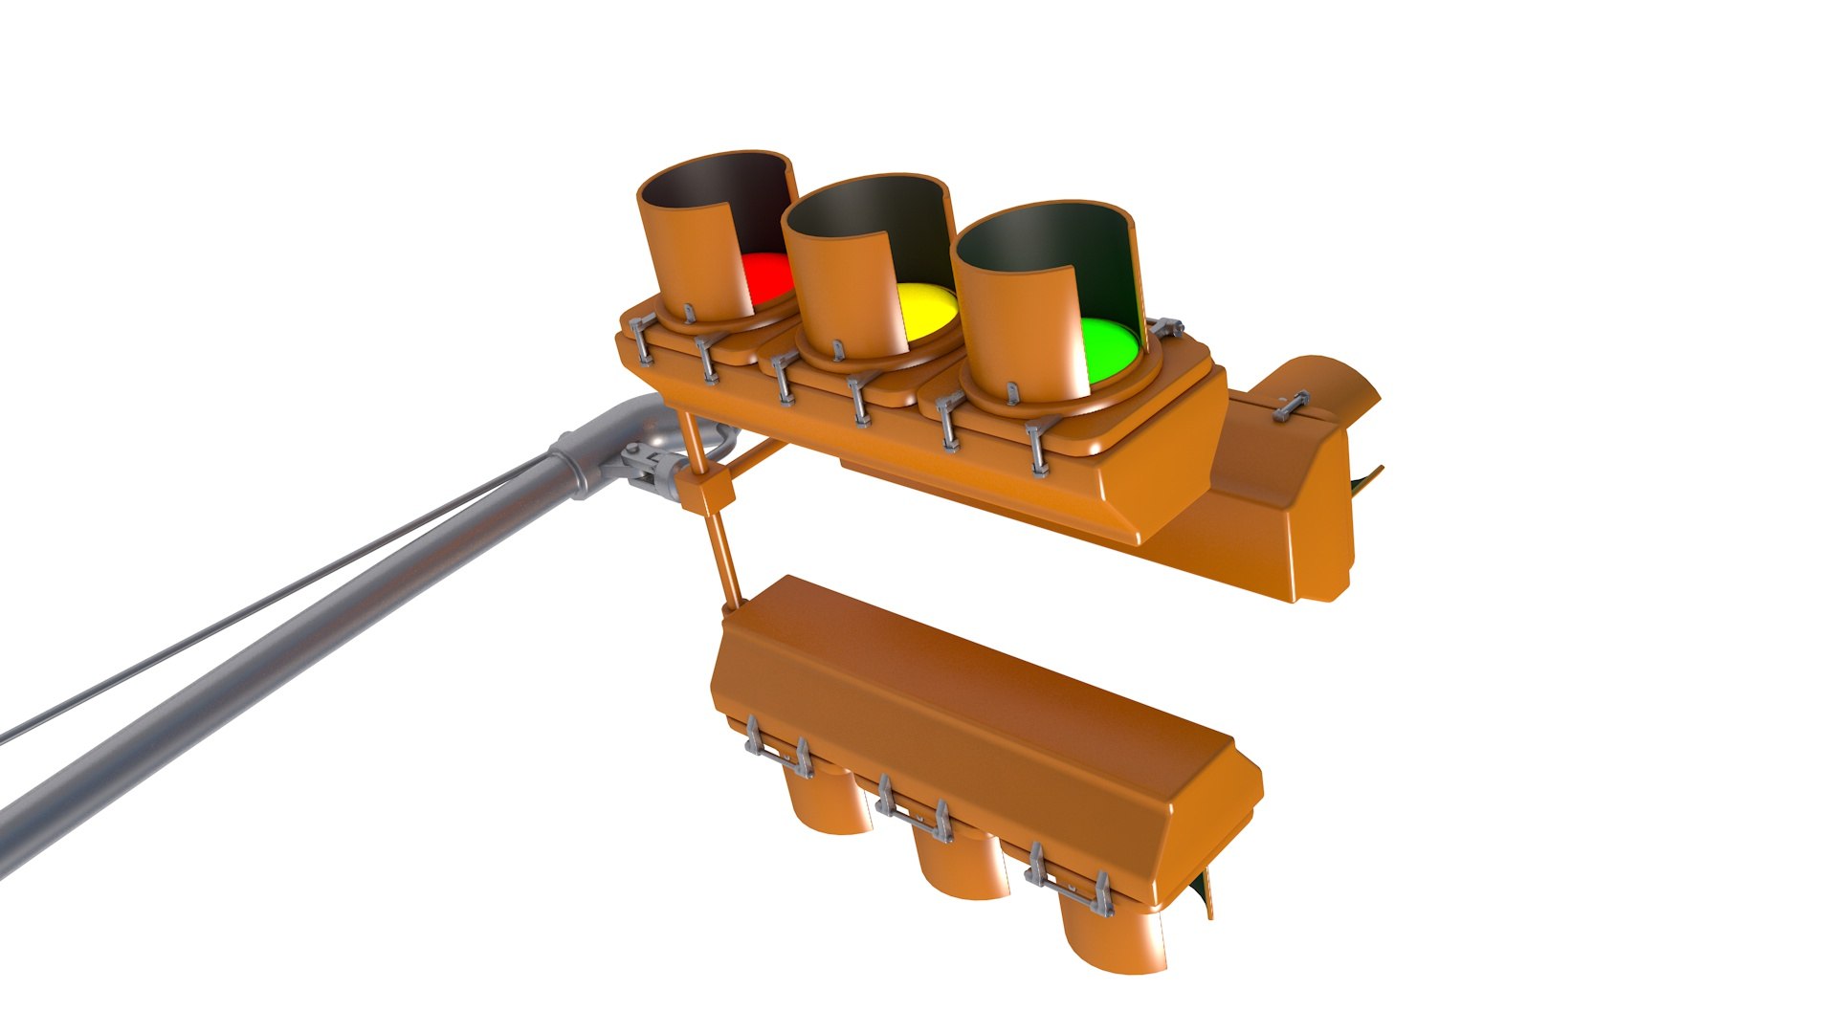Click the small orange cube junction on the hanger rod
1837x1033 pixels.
click(708, 492)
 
